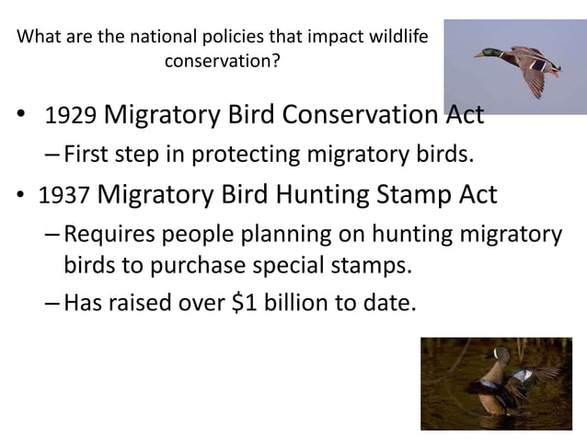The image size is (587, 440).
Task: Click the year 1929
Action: coord(70,119)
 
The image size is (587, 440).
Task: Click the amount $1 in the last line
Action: coord(252,299)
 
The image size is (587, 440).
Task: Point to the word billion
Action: coord(308,299)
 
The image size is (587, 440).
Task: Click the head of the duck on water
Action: coord(500,356)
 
